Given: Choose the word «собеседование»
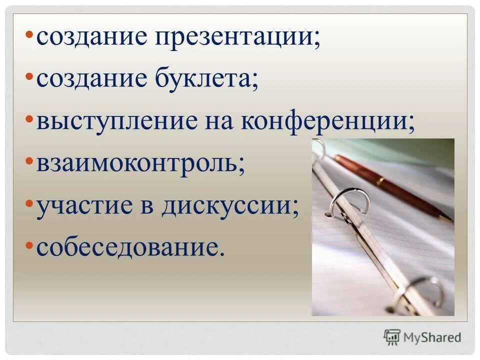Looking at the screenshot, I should click(x=128, y=247).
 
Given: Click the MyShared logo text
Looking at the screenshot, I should click(x=432, y=337).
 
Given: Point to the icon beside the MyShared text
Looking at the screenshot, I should click(x=392, y=337).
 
